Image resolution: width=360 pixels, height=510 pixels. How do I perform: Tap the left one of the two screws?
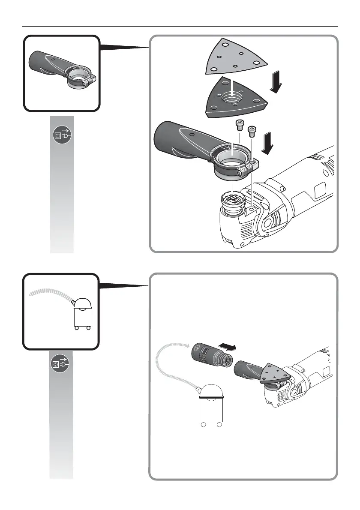240,125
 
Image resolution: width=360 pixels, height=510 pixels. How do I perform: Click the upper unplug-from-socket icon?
61,135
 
